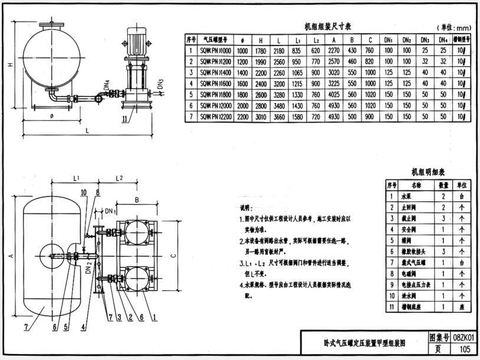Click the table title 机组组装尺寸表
point(328,27)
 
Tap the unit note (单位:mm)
point(455,28)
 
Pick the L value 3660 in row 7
point(278,116)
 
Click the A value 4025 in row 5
point(334,94)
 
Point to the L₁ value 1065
point(298,72)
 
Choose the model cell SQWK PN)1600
point(216,83)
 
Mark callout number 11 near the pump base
point(125,120)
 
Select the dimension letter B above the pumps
point(136,200)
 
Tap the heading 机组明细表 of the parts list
point(429,172)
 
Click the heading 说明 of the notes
point(246,208)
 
